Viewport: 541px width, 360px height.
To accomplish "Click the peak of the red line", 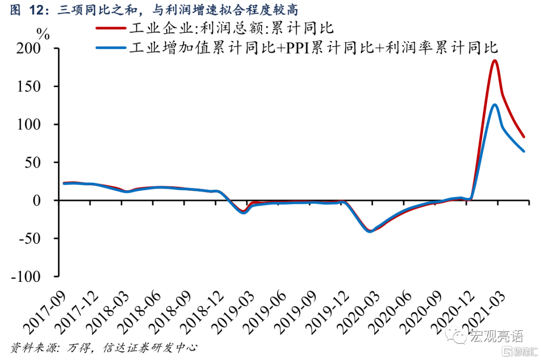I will click(x=494, y=61).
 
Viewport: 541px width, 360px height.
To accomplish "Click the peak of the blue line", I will click(x=494, y=105).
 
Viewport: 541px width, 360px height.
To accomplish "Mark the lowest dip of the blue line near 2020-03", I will click(x=370, y=231).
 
